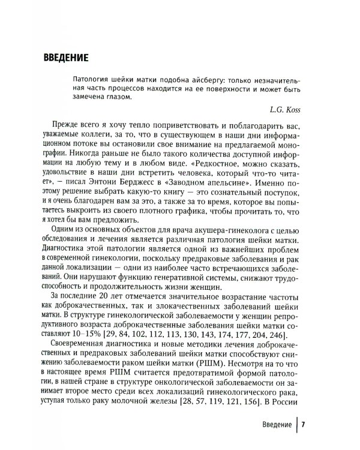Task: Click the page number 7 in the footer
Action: [x=304, y=424]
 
